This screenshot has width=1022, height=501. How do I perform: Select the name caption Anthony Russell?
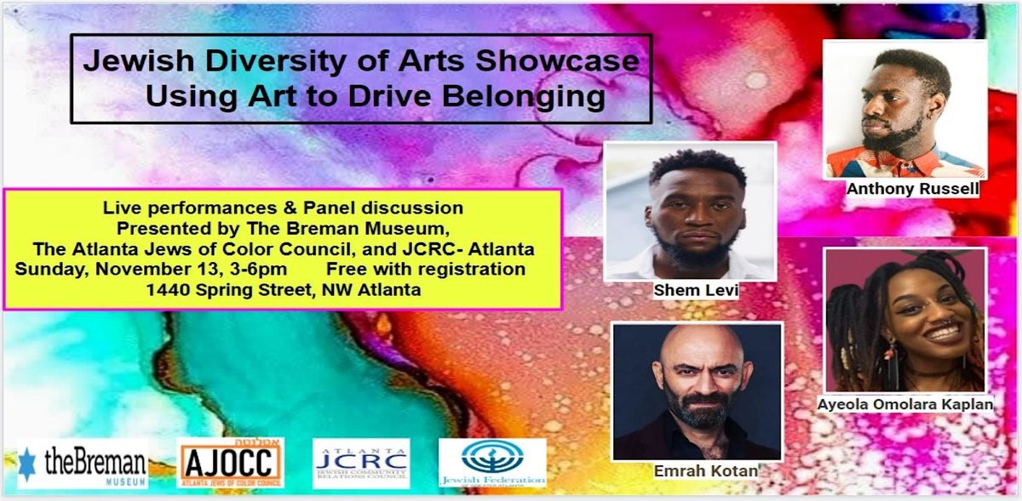[x=912, y=190]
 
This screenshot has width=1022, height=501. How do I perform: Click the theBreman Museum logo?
[x=83, y=464]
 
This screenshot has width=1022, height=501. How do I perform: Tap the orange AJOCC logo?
[x=232, y=464]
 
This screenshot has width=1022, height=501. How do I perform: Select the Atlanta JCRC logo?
[x=361, y=464]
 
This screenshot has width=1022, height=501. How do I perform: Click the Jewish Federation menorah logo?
[x=492, y=464]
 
